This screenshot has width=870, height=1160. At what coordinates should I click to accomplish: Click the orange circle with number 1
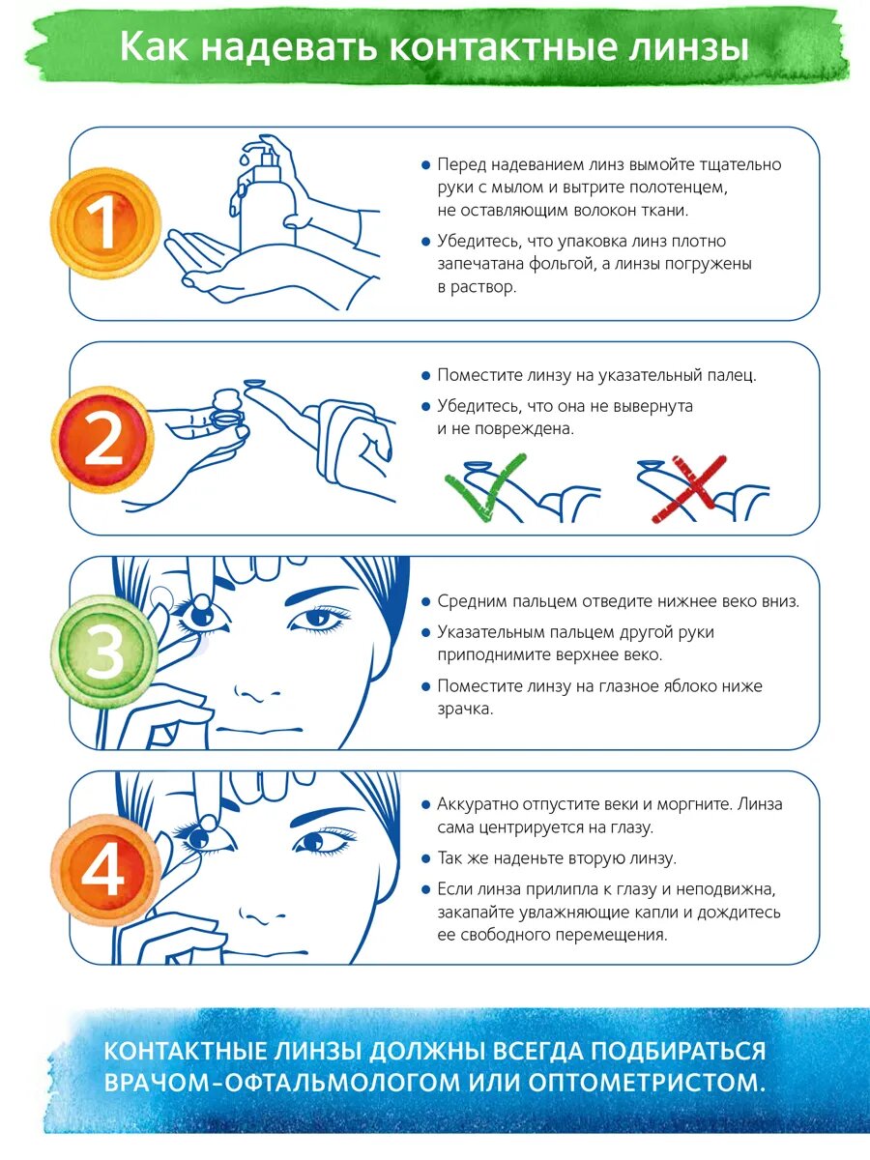click(x=105, y=223)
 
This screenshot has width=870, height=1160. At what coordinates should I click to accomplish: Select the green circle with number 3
click(x=104, y=652)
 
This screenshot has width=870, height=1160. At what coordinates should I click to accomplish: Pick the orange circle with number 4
click(x=105, y=870)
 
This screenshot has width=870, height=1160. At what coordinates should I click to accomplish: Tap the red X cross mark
click(x=689, y=489)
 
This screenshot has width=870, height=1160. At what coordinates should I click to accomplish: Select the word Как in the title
click(x=154, y=46)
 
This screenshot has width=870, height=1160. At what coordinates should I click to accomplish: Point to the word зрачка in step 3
click(x=465, y=710)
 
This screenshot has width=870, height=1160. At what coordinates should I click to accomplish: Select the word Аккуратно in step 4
click(x=478, y=805)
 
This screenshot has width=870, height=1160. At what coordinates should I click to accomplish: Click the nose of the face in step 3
click(x=257, y=693)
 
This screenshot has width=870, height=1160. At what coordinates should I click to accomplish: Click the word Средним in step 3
click(x=471, y=602)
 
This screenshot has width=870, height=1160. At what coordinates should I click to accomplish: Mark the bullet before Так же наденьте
click(x=425, y=859)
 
